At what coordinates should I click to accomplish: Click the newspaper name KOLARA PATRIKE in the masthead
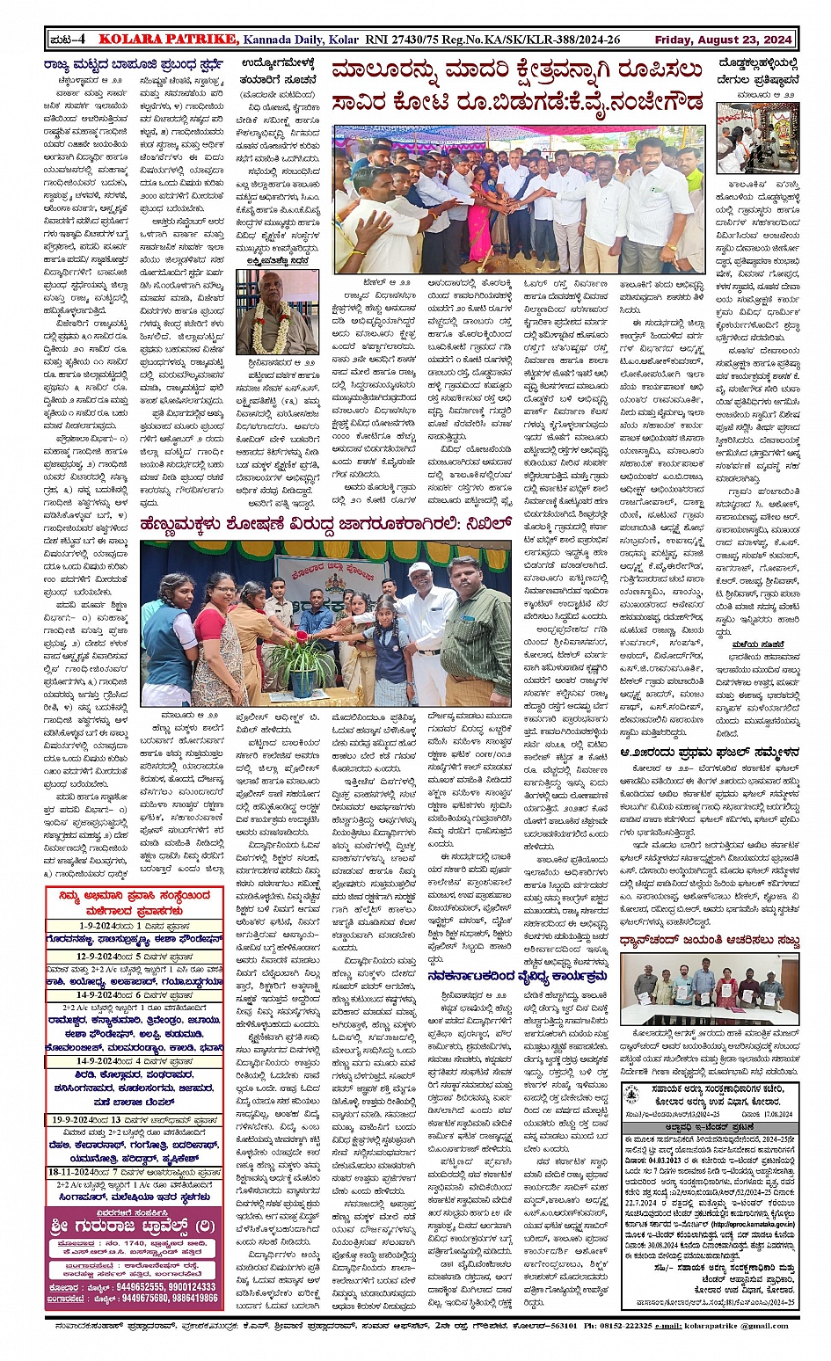(x=168, y=39)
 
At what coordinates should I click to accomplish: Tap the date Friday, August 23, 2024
(x=723, y=40)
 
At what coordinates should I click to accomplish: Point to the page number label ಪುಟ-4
(x=68, y=39)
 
